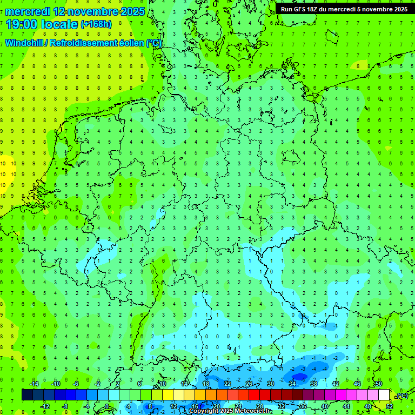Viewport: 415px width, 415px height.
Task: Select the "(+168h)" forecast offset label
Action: click(96, 24)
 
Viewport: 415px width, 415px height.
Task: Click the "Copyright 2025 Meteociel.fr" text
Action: click(230, 411)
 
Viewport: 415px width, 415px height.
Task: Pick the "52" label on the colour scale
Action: click(390, 406)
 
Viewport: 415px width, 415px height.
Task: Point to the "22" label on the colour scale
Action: click(227, 384)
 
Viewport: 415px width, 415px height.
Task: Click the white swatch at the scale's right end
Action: click(384, 395)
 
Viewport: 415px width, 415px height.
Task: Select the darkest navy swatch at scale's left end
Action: click(27, 395)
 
